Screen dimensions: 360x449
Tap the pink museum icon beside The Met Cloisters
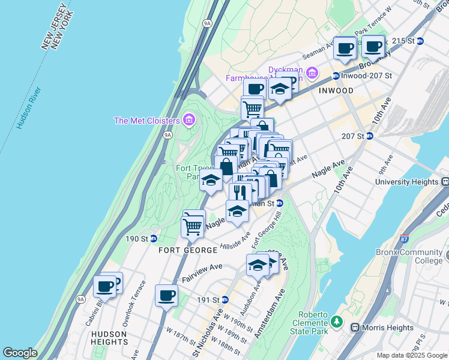[190, 121]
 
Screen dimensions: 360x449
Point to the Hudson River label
[28, 109]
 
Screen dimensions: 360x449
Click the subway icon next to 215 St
[420, 41]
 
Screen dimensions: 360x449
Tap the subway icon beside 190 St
[153, 239]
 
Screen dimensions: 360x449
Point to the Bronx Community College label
[409, 257]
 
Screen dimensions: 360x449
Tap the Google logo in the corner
[20, 353]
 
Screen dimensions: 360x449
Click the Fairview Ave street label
[202, 274]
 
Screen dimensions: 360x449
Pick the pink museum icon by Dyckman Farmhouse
[312, 73]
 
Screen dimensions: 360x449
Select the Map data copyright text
[411, 355]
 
